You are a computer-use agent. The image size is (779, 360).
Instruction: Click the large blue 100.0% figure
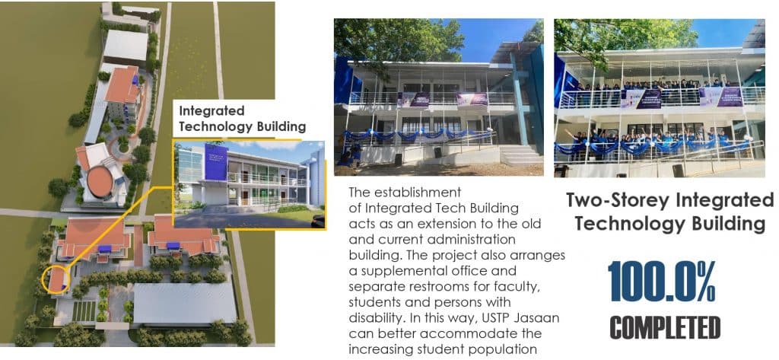click(661, 282)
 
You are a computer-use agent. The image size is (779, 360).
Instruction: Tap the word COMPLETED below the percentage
click(665, 328)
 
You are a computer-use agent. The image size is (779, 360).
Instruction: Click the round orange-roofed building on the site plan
click(99, 181)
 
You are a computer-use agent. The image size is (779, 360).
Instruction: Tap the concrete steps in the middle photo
click(521, 155)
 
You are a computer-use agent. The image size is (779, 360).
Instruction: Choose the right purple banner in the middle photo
click(472, 100)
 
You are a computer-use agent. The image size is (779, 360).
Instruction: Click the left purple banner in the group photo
click(648, 99)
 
